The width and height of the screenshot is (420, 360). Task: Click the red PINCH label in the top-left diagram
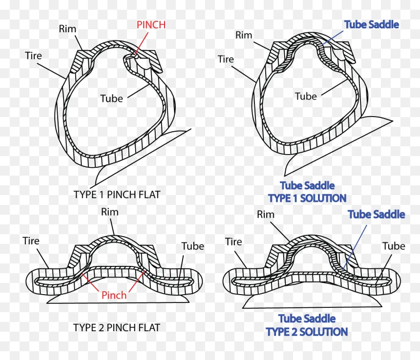151,25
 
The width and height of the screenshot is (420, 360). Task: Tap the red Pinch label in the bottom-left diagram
114,295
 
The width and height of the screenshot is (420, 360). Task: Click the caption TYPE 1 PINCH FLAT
117,195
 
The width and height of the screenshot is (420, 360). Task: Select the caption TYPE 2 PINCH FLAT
117,327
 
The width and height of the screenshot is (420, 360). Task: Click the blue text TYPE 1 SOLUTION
307,198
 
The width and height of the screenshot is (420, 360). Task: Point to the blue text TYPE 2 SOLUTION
307,332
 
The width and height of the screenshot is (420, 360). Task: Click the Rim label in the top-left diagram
67,29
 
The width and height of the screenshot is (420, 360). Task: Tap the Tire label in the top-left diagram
34,56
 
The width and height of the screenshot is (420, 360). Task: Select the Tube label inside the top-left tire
111,99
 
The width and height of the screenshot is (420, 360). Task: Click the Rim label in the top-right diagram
244,35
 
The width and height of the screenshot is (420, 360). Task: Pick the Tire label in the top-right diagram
226,59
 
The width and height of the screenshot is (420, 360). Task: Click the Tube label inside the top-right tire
306,96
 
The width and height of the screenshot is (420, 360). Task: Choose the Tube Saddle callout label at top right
372,24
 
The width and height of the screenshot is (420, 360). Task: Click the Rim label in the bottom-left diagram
109,212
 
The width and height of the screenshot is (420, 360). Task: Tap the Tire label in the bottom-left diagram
31,240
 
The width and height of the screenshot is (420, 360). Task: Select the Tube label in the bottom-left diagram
193,246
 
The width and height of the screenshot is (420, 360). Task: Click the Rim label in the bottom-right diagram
266,214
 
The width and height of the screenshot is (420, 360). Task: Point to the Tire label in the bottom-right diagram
233,241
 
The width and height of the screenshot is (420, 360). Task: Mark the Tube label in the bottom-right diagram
394,246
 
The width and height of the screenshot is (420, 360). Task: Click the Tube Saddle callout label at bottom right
377,214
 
